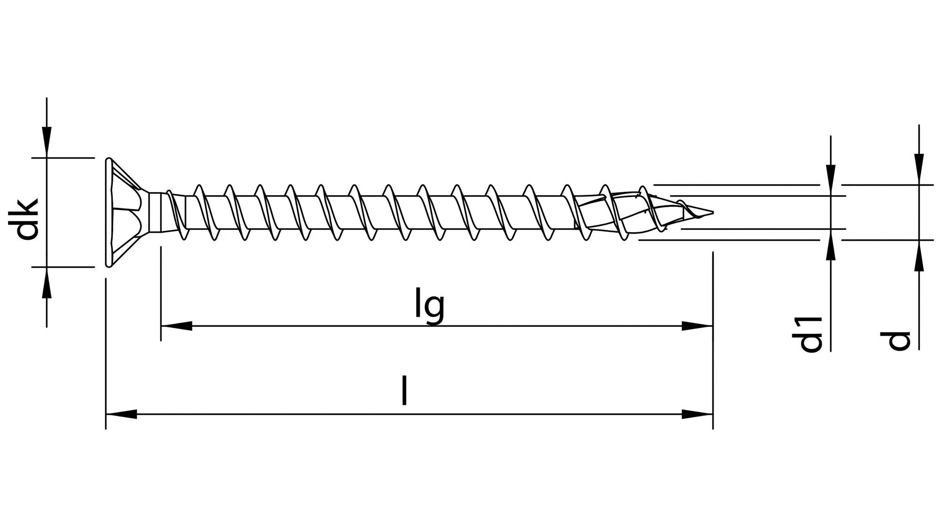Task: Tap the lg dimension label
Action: [429, 306]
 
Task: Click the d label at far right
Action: [899, 340]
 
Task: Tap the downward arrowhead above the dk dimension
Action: [46, 141]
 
